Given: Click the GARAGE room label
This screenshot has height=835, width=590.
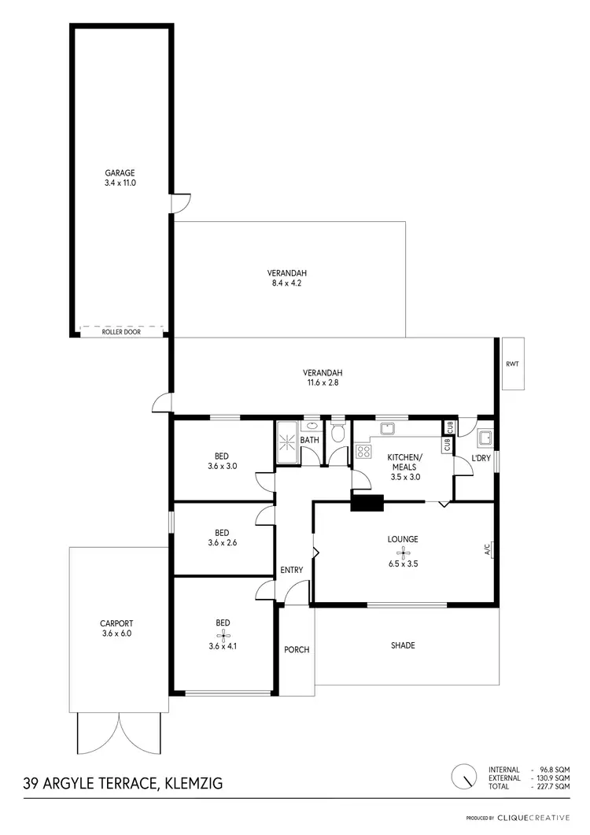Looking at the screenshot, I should pyautogui.click(x=120, y=173).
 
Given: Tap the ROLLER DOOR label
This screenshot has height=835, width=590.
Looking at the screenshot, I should pyautogui.click(x=120, y=332).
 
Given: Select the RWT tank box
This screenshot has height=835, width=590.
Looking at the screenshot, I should pyautogui.click(x=514, y=363).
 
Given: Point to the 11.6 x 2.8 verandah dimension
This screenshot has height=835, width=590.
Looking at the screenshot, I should pyautogui.click(x=323, y=383).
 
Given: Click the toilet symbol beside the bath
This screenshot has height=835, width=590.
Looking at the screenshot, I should pyautogui.click(x=338, y=432).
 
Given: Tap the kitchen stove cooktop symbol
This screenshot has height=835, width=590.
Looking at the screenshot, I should pyautogui.click(x=364, y=452).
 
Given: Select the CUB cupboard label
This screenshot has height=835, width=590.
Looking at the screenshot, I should pyautogui.click(x=449, y=427).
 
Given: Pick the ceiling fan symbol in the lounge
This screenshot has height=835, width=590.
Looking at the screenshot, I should pyautogui.click(x=402, y=553).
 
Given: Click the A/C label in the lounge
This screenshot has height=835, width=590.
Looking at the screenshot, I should pyautogui.click(x=487, y=548).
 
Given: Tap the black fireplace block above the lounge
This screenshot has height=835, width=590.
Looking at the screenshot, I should pyautogui.click(x=366, y=502).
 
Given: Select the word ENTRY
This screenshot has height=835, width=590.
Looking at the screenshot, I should pyautogui.click(x=292, y=570).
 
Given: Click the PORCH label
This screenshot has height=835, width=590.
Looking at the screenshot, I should pyautogui.click(x=297, y=649).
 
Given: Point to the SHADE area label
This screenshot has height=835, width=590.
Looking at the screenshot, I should pyautogui.click(x=403, y=646).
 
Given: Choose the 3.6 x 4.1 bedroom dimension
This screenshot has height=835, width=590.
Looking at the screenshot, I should pyautogui.click(x=223, y=646).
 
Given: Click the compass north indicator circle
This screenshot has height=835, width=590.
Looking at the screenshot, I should pyautogui.click(x=466, y=777).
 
